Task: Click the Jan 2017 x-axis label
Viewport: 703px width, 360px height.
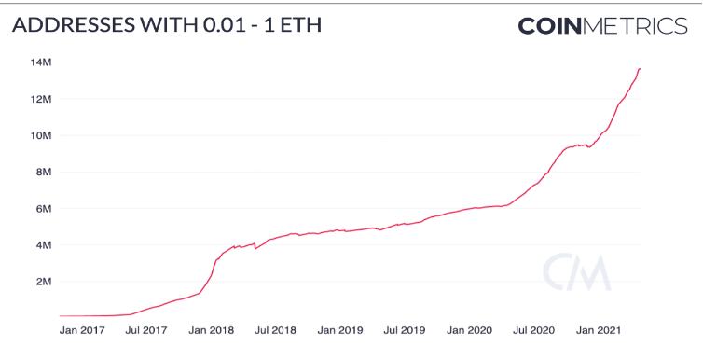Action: pyautogui.click(x=81, y=330)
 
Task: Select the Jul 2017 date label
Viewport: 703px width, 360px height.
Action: pyautogui.click(x=145, y=330)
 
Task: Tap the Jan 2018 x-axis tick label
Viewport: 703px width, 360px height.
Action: pyautogui.click(x=211, y=330)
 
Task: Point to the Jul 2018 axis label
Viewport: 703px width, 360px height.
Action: pyautogui.click(x=275, y=330)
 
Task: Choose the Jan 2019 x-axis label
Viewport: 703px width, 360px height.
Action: pyautogui.click(x=340, y=330)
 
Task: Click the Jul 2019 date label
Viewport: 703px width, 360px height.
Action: pyautogui.click(x=405, y=330)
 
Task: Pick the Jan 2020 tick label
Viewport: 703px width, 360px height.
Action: pyautogui.click(x=469, y=330)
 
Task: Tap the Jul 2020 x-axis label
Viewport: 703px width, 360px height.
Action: pyautogui.click(x=534, y=330)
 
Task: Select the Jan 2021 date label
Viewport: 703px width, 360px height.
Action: pyautogui.click(x=600, y=330)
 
